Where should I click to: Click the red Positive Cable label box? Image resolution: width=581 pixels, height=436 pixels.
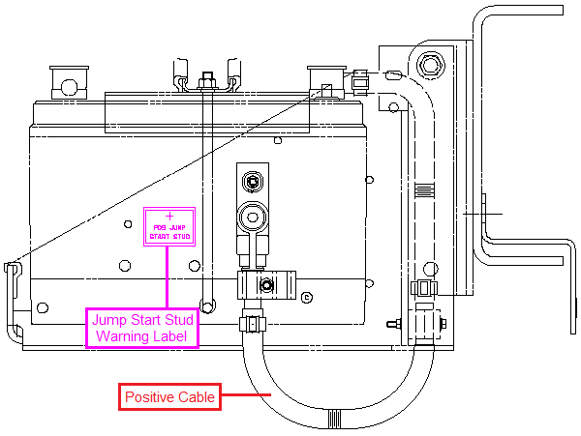coord(168,395)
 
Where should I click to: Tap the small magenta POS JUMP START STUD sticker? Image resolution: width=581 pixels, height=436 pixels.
coord(170,226)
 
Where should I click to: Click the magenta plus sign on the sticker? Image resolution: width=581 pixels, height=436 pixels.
coord(170,215)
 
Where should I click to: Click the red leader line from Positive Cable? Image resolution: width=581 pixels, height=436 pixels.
coord(243,394)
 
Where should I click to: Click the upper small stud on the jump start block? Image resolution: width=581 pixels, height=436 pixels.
coord(254,181)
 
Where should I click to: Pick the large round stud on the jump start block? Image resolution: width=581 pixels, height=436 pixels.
coord(253,214)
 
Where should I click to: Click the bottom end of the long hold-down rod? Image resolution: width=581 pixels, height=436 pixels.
coord(204,299)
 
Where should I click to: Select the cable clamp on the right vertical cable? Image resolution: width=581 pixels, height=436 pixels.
coord(422,289)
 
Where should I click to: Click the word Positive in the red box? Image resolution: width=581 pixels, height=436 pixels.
coord(149,395)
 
